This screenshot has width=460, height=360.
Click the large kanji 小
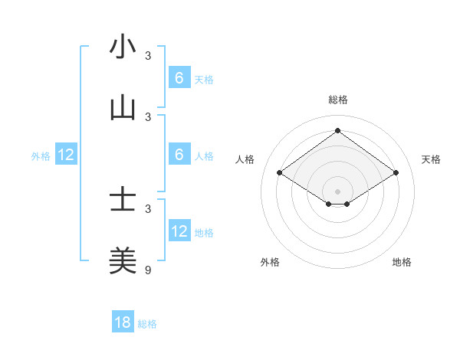point(123,47)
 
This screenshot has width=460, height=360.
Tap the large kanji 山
point(123,109)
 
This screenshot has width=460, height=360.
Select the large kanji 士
point(123,201)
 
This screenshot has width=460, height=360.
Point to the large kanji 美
point(123,261)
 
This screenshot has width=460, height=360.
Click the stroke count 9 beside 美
point(149,270)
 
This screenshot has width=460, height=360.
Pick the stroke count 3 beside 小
point(149,55)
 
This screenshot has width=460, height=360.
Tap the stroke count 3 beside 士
point(149,208)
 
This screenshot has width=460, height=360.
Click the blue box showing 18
point(123,322)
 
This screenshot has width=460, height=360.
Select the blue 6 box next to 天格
point(179,78)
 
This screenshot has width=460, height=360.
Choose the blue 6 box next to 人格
point(179,155)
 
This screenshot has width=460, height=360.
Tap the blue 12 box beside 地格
point(179,231)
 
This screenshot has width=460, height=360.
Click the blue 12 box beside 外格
point(66,155)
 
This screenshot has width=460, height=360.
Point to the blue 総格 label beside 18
point(147,324)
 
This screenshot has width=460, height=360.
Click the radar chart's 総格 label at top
point(337,100)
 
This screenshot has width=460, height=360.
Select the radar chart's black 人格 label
point(245,159)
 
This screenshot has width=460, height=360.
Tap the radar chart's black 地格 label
point(402,263)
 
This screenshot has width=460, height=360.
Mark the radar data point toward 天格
point(396,173)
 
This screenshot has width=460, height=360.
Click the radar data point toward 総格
point(337,131)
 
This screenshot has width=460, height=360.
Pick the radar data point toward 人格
point(279,173)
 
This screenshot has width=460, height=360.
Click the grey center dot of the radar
point(337,191)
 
